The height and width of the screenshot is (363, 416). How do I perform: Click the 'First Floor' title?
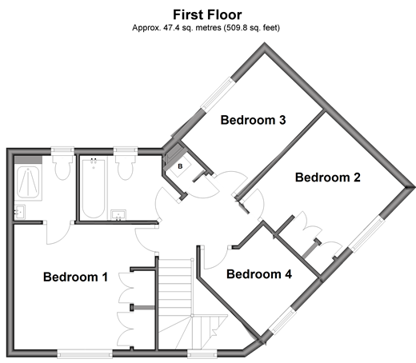pos(207,14)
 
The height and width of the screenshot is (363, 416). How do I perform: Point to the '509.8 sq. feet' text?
pos(252,27)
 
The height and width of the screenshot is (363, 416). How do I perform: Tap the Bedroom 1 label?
pos(75,277)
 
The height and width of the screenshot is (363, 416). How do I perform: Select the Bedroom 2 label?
pos(328,178)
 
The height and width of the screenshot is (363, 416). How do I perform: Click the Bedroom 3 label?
pos(253,120)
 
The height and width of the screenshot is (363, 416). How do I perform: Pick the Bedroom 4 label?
pos(259,274)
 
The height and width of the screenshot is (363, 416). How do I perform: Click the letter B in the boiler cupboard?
pos(180,166)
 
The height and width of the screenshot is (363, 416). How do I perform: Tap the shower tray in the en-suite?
pos(28,182)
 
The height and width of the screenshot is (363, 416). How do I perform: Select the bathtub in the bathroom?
pos(94,188)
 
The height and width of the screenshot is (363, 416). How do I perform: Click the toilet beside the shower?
pos(62,168)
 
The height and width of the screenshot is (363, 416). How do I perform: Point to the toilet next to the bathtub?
pos(126,168)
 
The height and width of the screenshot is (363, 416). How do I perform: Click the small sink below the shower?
pos(20,212)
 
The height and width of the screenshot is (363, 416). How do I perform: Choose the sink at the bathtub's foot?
pos(118,215)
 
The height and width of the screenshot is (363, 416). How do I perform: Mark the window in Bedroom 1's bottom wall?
pos(85,354)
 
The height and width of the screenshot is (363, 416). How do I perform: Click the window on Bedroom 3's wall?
pos(218,94)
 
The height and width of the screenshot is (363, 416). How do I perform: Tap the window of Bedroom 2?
pos(367,234)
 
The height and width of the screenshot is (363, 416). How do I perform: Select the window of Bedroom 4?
pos(282,321)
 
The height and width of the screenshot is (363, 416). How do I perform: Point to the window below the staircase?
pos(202,354)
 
